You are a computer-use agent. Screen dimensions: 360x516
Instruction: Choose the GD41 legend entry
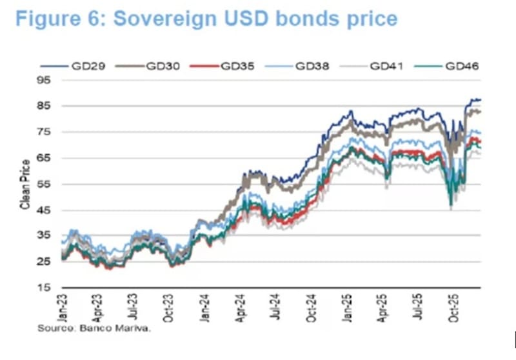[x=384, y=66]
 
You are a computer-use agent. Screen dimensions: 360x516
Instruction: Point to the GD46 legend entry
[x=459, y=66]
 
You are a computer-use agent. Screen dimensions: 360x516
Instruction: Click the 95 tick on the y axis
[x=45, y=80]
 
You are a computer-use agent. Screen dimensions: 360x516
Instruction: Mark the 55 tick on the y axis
[x=45, y=184]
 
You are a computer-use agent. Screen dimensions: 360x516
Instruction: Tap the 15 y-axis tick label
[x=45, y=288]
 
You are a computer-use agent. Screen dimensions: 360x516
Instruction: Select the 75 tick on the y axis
[x=45, y=132]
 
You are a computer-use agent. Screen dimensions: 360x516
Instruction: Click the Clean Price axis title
[x=25, y=184]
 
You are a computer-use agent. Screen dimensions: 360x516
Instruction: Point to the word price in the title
[x=373, y=19]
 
